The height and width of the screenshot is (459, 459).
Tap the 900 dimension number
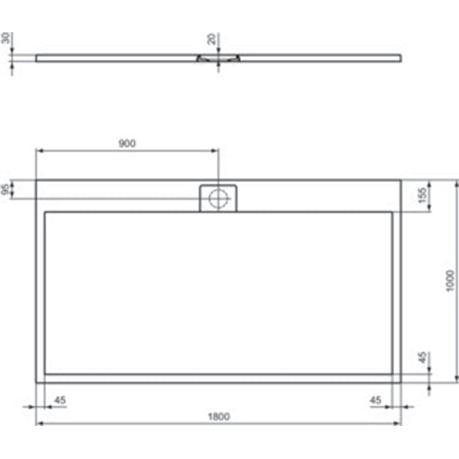click(x=128, y=142)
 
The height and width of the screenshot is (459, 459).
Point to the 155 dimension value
click(x=422, y=196)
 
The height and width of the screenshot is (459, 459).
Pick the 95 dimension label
click(x=7, y=189)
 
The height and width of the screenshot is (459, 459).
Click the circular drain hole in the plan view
click(x=218, y=197)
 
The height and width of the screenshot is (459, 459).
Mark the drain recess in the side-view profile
click(x=218, y=57)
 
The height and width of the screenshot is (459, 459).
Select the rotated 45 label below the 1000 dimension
click(x=422, y=357)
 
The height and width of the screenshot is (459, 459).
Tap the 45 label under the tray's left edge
click(x=60, y=399)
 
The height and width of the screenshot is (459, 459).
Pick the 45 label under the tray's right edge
click(x=376, y=399)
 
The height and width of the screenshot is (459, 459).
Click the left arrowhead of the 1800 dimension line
click(x=39, y=425)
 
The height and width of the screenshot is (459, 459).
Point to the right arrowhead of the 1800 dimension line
click(x=398, y=425)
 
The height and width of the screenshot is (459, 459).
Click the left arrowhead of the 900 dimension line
click(x=39, y=151)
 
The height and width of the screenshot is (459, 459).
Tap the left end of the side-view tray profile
click(x=38, y=55)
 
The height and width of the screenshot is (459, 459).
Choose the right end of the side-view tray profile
click(x=400, y=55)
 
